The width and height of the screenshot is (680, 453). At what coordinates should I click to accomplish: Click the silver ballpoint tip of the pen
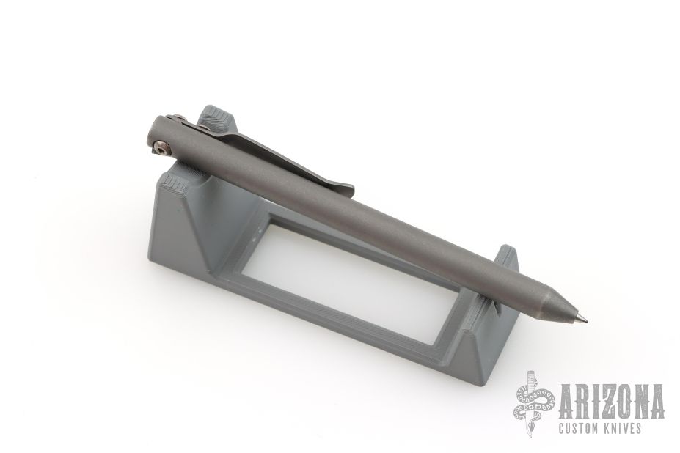[x=585, y=321]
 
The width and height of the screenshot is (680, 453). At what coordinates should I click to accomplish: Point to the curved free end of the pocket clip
[x=345, y=189]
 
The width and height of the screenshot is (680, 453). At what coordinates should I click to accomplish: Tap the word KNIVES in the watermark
[x=622, y=429]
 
